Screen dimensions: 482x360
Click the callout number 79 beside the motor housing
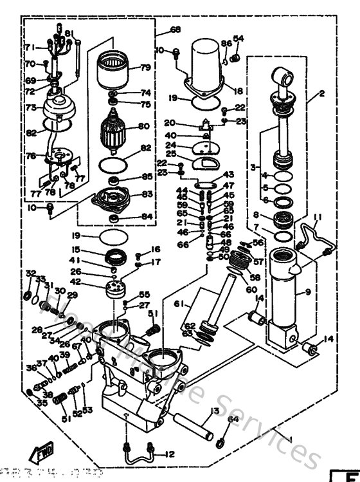pos(145,68)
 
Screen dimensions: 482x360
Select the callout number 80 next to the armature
pos(143,126)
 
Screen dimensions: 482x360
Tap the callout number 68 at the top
pos(175,30)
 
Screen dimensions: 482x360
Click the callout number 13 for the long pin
pos(214,411)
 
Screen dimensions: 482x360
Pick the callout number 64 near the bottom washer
pos(233,420)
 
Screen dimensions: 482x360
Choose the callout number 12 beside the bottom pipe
pos(170,454)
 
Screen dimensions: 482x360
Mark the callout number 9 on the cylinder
pos(308,292)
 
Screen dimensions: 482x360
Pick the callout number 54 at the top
pos(239,39)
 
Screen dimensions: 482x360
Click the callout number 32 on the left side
pos(30,273)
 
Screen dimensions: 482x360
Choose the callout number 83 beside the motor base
pos(147,194)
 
